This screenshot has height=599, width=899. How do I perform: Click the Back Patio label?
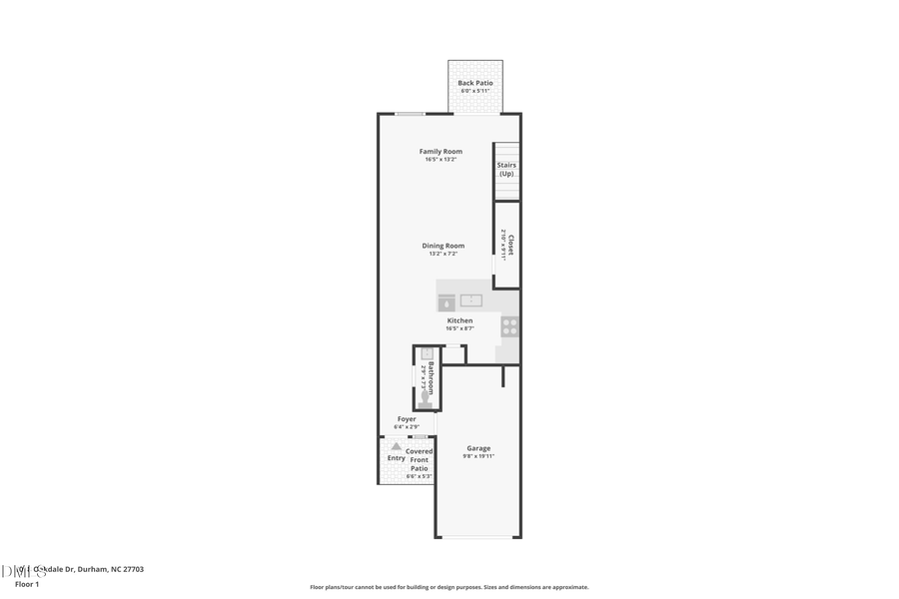coord(474,83)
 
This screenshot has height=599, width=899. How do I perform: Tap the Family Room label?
coord(441,152)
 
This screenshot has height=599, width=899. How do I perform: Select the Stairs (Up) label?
coord(506,169)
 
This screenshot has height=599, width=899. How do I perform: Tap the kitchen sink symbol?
coord(470,300)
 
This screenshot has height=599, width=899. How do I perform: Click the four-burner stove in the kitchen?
coord(509,325)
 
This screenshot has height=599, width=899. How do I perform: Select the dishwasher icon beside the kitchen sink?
coord(447,301)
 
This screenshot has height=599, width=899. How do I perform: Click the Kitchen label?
coord(459,320)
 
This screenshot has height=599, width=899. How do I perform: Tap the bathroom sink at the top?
coord(427,353)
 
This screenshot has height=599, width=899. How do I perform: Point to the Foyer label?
coord(407,419)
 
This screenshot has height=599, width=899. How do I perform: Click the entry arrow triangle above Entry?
coord(396,446)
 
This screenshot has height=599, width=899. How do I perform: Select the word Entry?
coord(397,458)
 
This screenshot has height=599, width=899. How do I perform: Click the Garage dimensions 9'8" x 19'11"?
coord(478,456)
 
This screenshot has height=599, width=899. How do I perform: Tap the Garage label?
coord(478,448)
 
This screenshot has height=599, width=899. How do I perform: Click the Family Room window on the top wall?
coord(410,114)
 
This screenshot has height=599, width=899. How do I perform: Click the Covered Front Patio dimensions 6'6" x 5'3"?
coord(419,476)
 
